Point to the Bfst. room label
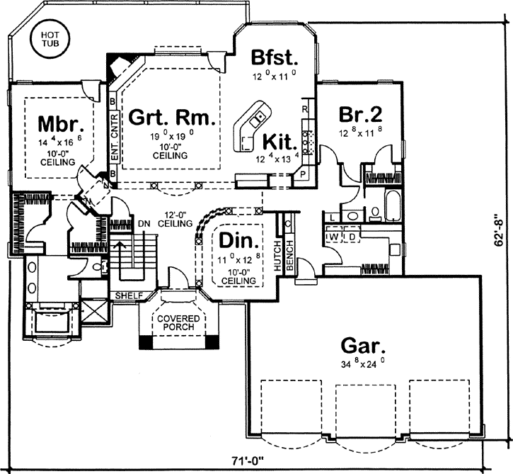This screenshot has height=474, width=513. (272, 56)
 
